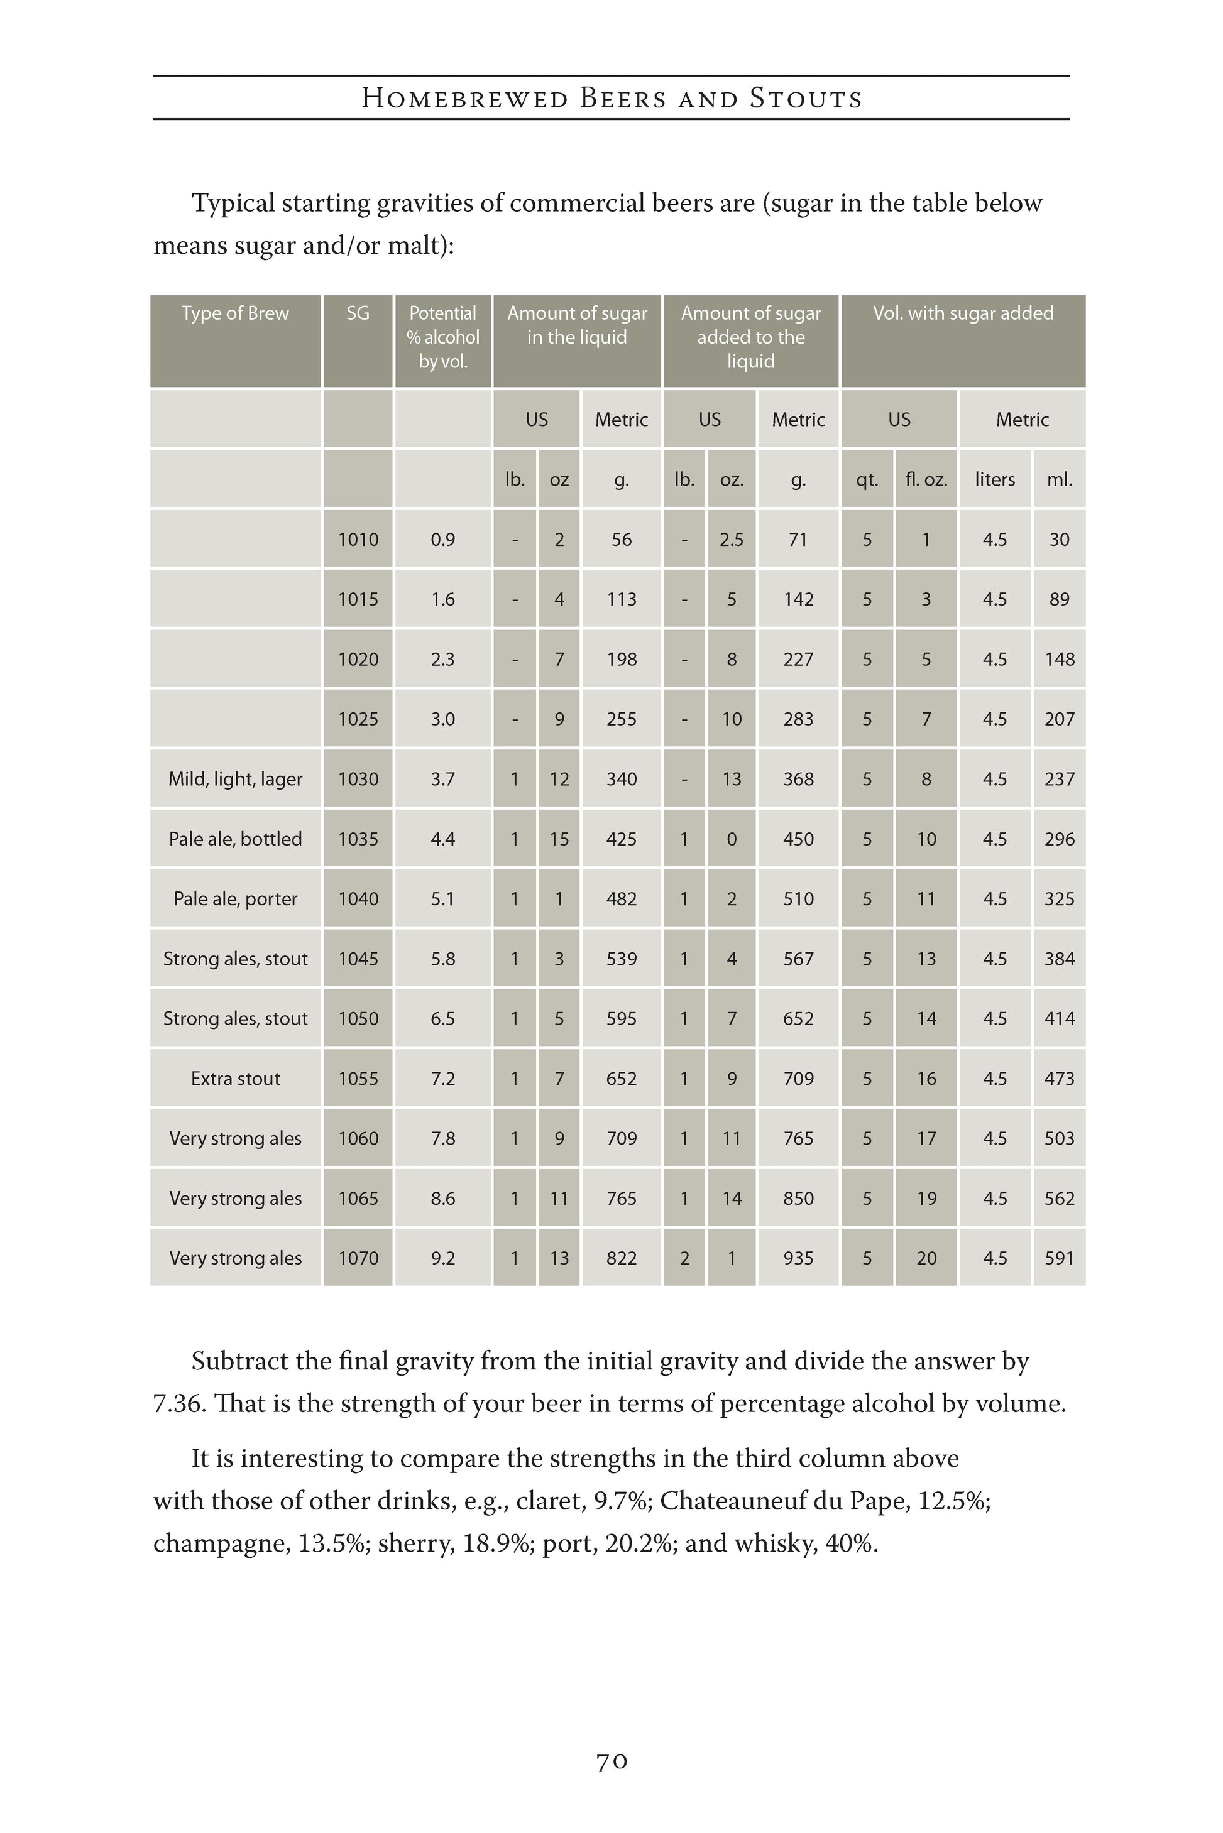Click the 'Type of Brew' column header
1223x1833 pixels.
235,313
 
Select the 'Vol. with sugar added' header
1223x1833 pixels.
962,313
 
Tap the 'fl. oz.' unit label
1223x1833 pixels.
926,479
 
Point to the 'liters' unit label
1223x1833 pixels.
994,479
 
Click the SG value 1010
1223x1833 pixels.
358,540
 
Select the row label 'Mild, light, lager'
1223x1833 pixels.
235,779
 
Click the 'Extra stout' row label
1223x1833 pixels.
235,1079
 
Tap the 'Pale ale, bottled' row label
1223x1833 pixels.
235,839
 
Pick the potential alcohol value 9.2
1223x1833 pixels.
442,1258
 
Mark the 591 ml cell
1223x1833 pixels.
1059,1258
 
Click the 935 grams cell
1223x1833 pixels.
798,1258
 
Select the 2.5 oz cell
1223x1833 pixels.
731,540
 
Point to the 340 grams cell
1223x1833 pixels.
621,779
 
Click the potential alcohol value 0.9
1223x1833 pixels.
442,540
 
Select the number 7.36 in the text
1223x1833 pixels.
178,1403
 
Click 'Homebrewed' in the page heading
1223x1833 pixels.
464,99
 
